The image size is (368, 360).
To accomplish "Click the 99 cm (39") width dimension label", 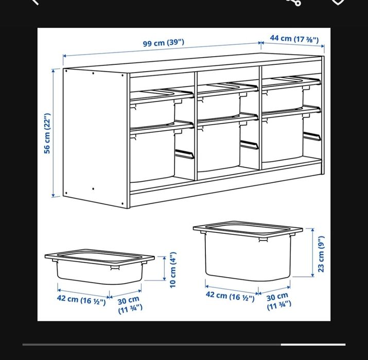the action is [x=164, y=43].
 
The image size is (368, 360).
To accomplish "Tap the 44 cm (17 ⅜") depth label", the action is [x=294, y=39].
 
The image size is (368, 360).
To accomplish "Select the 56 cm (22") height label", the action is [x=47, y=133].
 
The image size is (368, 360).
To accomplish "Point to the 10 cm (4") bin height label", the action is [x=172, y=270].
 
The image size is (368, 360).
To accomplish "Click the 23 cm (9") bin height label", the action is [x=321, y=254].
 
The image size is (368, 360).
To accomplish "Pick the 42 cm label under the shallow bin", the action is [x=81, y=300].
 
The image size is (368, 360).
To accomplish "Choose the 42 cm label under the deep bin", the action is [x=230, y=296].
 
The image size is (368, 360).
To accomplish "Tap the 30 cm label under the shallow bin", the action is [x=130, y=305].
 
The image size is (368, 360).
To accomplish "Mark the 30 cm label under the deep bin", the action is [x=278, y=301].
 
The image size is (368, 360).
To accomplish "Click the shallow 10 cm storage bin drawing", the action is [x=99, y=267].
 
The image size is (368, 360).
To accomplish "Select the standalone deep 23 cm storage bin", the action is [x=248, y=251].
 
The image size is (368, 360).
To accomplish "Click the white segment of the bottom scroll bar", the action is [x=313, y=345].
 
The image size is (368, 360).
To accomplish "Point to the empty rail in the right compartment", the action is [x=312, y=136].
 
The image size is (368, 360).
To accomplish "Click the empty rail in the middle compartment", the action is [x=250, y=145].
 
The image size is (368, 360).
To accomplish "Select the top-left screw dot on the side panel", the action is [x=66, y=71].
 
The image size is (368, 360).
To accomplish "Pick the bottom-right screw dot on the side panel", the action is [x=122, y=204].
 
